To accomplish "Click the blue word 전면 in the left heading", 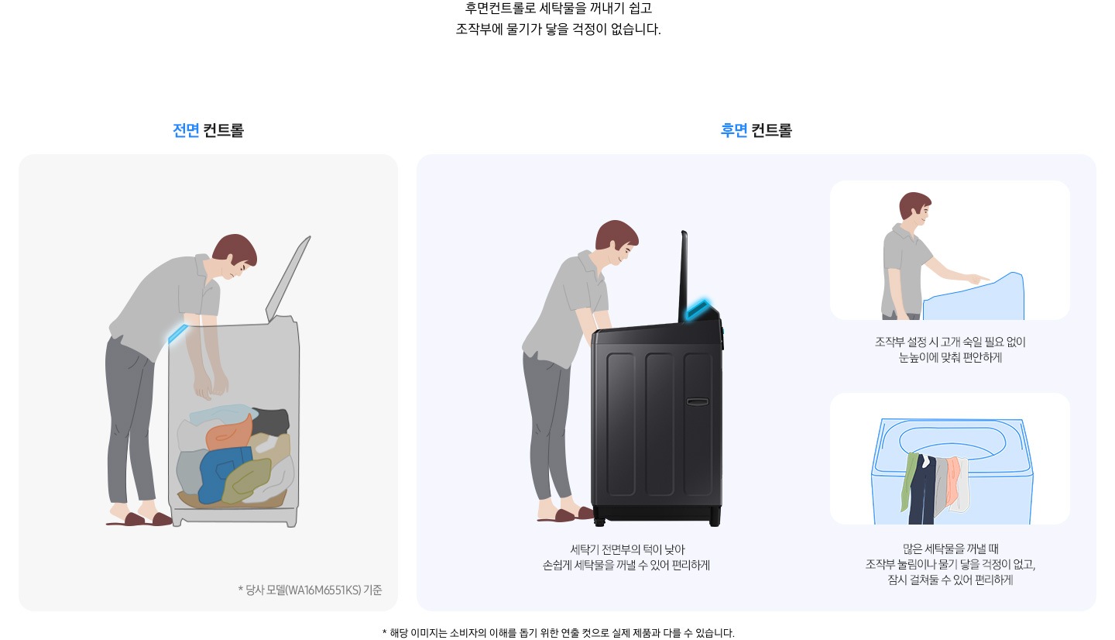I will tap(186, 130).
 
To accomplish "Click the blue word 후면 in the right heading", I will tap(733, 130).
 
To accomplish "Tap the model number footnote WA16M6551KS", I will tap(310, 590).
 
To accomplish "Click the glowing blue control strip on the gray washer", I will tap(177, 332).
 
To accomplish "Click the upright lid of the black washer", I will tap(683, 275).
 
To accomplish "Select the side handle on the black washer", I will tap(697, 401).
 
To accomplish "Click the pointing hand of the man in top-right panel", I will tap(979, 278).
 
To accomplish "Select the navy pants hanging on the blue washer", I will tap(922, 492).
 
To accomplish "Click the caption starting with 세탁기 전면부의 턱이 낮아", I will tap(626, 557).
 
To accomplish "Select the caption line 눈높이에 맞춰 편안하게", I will tap(950, 358).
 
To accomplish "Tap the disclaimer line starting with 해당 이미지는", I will tap(557, 632).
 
